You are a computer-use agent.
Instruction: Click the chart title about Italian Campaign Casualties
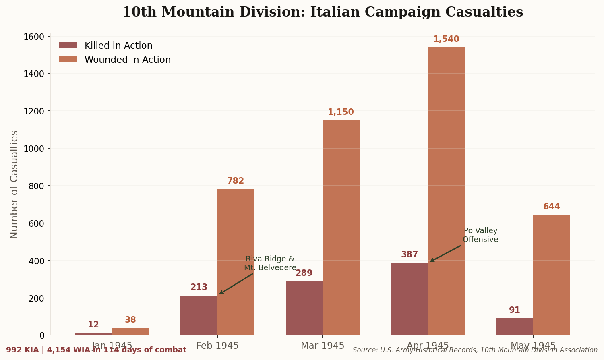[x=322, y=12]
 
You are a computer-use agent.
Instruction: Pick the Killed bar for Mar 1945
[x=304, y=308]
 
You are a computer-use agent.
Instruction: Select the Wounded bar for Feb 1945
[x=236, y=262]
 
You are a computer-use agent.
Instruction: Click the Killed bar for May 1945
[x=515, y=327]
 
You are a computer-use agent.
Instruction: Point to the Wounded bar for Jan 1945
[x=130, y=331]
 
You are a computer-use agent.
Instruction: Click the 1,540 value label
[x=446, y=39]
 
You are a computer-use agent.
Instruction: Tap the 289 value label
[x=304, y=273]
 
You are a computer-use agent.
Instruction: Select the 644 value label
[x=552, y=207]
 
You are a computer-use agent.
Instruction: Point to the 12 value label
[x=93, y=325]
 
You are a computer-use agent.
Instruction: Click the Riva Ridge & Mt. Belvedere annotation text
[x=270, y=263]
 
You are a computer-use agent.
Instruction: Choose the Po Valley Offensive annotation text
[x=480, y=235]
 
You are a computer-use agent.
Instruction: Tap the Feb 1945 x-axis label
[x=217, y=346]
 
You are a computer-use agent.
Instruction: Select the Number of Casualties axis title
[x=14, y=184]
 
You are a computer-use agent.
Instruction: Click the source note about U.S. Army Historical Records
[x=475, y=350]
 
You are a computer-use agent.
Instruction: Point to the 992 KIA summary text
[x=96, y=350]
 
